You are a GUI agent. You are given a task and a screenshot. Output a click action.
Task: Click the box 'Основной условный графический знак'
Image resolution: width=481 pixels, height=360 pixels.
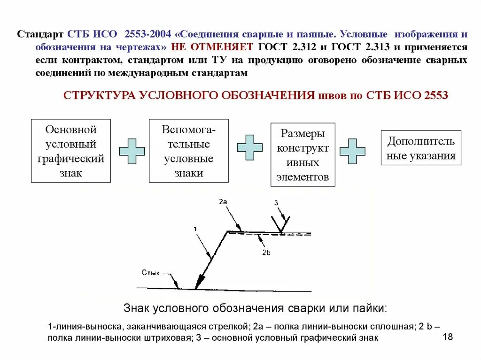tap(71, 151)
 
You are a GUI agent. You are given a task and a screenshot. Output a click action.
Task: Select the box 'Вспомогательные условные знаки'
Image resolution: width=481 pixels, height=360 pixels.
tap(189, 151)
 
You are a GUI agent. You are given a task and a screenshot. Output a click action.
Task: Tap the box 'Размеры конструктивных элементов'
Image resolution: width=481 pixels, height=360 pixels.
tap(303, 155)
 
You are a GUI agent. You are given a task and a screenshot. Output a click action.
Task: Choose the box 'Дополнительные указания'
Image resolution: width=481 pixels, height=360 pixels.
tap(421, 148)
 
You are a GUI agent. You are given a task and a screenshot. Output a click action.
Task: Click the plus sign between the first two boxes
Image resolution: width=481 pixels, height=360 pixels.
tap(132, 151)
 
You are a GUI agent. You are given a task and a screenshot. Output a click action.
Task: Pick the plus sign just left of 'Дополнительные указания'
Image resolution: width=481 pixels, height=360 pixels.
tap(352, 151)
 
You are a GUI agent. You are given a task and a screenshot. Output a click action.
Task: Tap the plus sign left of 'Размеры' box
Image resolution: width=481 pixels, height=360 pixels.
tap(249, 147)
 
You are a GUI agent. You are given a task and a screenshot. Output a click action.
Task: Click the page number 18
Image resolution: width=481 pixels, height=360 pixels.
tap(447, 337)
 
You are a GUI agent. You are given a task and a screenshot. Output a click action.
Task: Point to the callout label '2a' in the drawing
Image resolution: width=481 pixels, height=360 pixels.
tap(223, 201)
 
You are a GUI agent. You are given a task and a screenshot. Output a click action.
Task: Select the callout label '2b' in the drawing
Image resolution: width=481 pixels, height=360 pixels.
tap(266, 253)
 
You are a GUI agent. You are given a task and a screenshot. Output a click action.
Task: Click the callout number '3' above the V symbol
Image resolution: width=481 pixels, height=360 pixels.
tap(276, 203)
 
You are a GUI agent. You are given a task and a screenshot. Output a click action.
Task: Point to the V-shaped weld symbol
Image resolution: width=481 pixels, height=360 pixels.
tap(281, 223)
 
